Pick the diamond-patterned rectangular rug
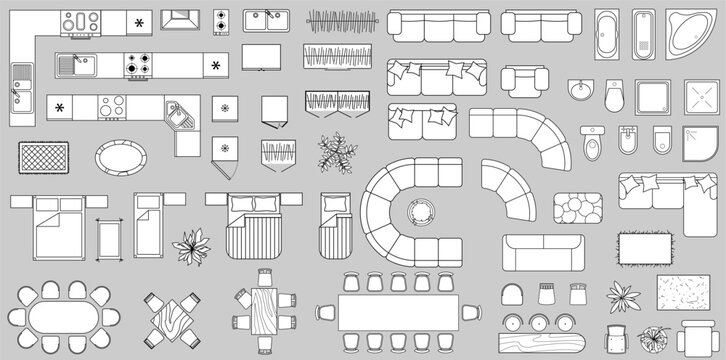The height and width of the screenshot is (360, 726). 44,158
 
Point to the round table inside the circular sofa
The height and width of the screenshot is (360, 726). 421,212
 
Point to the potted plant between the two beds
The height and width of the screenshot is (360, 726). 188,245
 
